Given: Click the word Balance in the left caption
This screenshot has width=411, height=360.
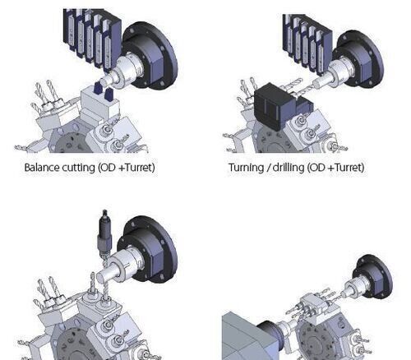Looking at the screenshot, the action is (x=42, y=168).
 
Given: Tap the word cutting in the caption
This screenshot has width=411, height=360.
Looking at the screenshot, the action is (x=78, y=168).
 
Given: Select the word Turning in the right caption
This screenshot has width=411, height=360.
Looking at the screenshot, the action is (x=246, y=168).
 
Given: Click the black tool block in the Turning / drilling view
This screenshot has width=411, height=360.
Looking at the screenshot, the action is (x=279, y=106).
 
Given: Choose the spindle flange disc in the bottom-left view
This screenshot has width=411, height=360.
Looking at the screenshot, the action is (x=151, y=249).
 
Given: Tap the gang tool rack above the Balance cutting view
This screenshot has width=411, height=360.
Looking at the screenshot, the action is (x=92, y=39).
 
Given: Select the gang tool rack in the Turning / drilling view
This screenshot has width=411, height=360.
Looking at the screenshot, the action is (x=307, y=44).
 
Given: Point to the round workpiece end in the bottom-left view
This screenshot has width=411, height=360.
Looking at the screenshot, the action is (x=100, y=279).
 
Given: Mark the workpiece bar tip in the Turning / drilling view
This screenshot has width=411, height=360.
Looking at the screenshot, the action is (x=317, y=84).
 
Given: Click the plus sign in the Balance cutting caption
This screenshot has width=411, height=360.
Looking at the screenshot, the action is (x=122, y=168).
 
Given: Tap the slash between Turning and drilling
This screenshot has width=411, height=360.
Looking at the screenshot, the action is (x=269, y=168).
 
